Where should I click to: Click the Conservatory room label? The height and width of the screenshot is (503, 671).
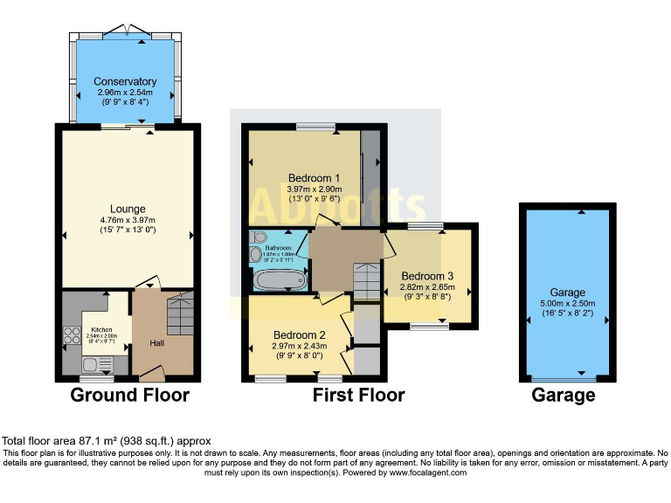127,81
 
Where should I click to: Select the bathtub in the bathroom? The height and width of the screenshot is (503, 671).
279,280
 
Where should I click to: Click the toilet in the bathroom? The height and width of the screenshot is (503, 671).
257,237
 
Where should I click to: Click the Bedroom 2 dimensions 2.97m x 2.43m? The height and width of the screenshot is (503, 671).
299,346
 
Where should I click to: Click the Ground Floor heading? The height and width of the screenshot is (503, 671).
129,396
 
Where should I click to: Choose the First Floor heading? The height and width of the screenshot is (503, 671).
359,396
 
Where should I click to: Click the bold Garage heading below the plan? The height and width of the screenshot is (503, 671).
564,396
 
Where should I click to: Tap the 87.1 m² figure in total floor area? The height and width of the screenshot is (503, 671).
86,441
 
